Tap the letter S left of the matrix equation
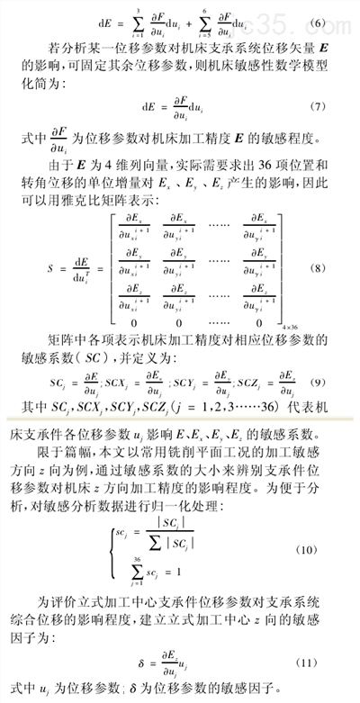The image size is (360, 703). click(x=60, y=269)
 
